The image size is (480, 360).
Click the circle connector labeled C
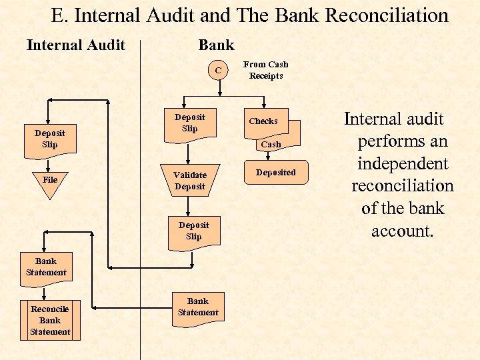click(x=217, y=69)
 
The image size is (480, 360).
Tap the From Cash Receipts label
click(x=265, y=70)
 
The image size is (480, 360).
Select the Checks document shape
click(x=264, y=121)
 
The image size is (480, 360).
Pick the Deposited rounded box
click(x=275, y=172)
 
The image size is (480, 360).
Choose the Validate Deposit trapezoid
click(x=190, y=181)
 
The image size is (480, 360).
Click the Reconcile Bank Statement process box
click(x=50, y=321)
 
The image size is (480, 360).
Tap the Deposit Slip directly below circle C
click(x=190, y=123)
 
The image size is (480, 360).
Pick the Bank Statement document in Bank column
click(x=197, y=307)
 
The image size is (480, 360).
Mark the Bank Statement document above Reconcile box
click(x=46, y=267)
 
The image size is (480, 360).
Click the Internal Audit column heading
click(x=75, y=45)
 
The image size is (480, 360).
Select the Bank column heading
click(x=216, y=45)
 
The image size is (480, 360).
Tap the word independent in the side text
click(x=403, y=164)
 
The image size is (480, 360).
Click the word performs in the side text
click(x=383, y=141)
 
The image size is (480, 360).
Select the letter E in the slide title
click(x=55, y=15)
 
